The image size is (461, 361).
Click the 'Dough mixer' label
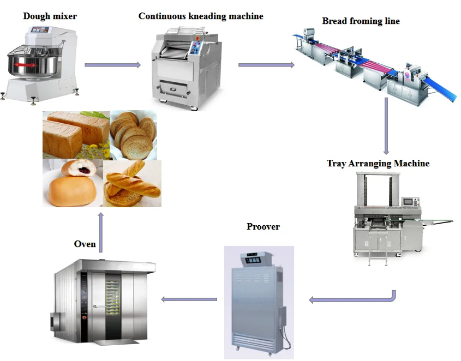click(x=50, y=16)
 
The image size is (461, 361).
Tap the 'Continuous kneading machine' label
click(x=200, y=16)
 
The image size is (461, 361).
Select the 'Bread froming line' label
click(x=361, y=21)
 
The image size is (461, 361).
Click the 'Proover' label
click(x=263, y=226)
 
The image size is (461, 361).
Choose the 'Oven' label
click(x=85, y=244)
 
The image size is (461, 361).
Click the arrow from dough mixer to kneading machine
click(x=112, y=65)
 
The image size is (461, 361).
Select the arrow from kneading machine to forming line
click(x=266, y=65)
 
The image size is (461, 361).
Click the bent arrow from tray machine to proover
click(x=355, y=299)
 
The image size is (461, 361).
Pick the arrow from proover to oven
click(x=189, y=299)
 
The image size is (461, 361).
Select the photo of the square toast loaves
click(x=76, y=134)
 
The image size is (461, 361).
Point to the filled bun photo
click(x=73, y=183)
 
